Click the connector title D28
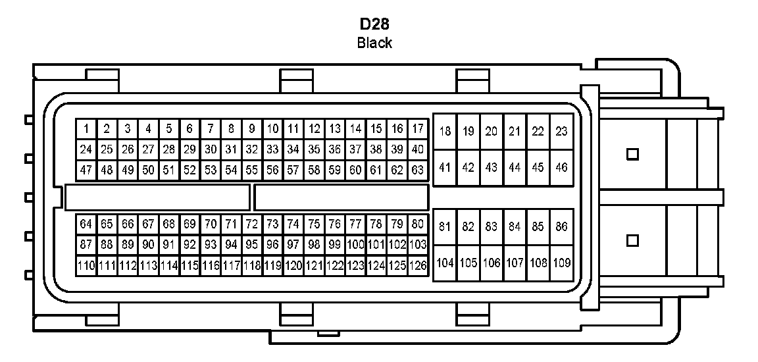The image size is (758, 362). (x=374, y=25)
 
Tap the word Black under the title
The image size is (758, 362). (x=374, y=43)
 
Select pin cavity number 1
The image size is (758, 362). (x=86, y=129)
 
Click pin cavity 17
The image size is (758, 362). (x=418, y=129)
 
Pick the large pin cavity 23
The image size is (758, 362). (x=561, y=132)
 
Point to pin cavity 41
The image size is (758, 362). (x=445, y=168)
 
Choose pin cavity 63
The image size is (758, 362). (x=418, y=170)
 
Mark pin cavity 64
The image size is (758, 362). (x=86, y=224)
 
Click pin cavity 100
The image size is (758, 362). (x=355, y=245)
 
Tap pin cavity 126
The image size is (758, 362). (x=418, y=266)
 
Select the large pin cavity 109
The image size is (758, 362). (x=561, y=263)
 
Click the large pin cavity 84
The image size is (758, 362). (x=515, y=227)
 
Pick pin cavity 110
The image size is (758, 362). (x=86, y=266)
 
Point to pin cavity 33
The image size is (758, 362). (x=272, y=149)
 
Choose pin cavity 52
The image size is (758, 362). (x=189, y=170)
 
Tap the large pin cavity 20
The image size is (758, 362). (x=492, y=132)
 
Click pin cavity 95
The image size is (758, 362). (x=251, y=245)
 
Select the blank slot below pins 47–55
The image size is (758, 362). (x=158, y=197)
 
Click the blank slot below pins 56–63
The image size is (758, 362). (x=341, y=197)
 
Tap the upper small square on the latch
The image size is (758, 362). (x=633, y=154)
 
